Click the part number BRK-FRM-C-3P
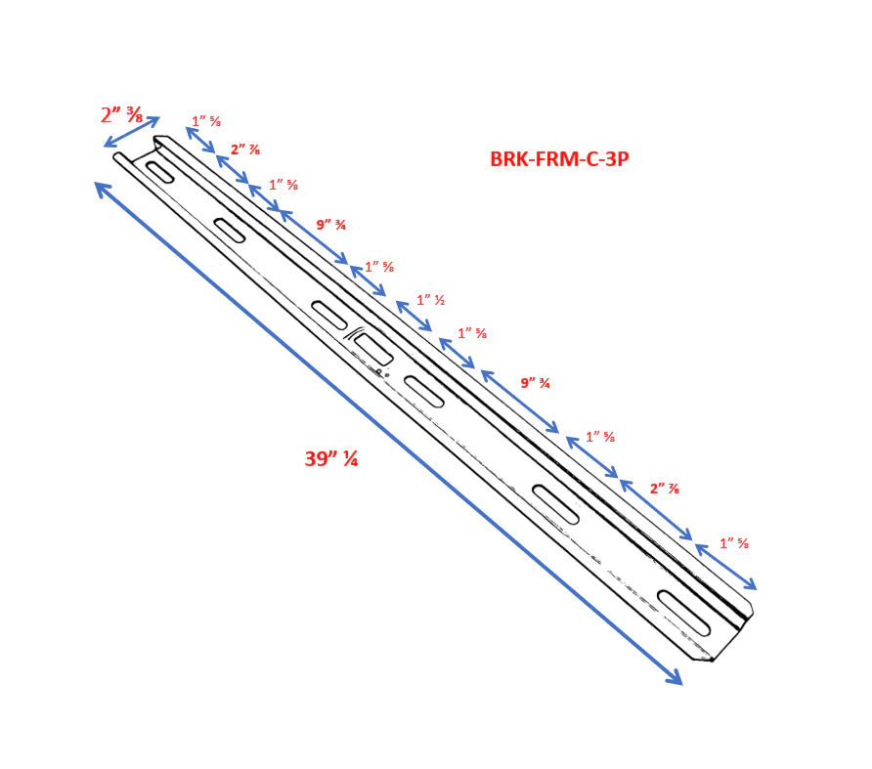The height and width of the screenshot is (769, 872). [559, 159]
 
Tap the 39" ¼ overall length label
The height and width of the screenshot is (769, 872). [330, 458]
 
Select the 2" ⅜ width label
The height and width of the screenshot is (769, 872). [121, 115]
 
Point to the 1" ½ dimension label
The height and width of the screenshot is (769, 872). [431, 300]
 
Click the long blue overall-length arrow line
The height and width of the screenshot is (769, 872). [389, 434]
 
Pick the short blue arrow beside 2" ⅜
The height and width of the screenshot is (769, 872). [132, 132]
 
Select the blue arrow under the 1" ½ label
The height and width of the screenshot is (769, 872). [414, 316]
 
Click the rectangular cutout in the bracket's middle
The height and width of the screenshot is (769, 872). [373, 350]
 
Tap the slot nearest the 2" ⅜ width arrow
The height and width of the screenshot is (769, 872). [159, 171]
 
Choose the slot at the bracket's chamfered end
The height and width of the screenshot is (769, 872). [684, 614]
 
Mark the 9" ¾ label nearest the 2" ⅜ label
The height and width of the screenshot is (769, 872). [331, 225]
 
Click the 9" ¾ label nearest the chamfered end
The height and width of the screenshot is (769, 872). [535, 383]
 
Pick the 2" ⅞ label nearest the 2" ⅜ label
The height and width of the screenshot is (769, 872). [245, 150]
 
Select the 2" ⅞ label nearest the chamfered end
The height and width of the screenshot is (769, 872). [665, 489]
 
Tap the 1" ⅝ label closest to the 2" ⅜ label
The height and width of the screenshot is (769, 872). [206, 120]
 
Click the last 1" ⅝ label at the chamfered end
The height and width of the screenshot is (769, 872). [734, 543]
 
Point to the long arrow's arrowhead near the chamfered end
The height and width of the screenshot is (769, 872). [675, 678]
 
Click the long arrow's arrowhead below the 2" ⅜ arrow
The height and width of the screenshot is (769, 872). [103, 190]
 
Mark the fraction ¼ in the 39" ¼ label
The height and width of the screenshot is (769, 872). [350, 458]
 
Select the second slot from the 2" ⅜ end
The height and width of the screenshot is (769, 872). [230, 231]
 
